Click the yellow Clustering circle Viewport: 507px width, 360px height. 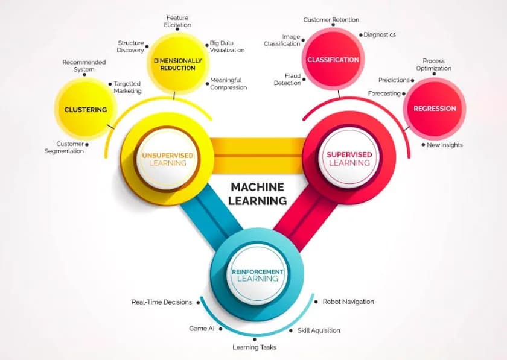[85, 110]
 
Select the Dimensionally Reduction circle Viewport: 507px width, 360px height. [174, 64]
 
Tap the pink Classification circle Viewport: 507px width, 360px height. [333, 60]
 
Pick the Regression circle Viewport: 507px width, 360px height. [435, 109]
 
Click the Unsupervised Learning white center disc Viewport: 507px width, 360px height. [167, 159]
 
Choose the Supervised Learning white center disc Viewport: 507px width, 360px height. [349, 159]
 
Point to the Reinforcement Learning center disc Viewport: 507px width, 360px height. [258, 275]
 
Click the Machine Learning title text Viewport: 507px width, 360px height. [258, 194]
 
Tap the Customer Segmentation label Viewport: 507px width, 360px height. [64, 147]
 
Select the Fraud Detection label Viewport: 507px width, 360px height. [287, 79]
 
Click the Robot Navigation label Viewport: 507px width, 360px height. [348, 302]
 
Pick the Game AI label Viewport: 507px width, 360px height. [202, 329]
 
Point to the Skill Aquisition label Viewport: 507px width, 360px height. [318, 330]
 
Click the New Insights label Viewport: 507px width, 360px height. [444, 145]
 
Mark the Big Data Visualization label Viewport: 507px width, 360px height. [227, 46]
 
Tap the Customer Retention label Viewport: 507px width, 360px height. [331, 20]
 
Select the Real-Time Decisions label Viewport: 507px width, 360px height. [162, 302]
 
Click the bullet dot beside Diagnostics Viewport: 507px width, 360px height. [360, 35]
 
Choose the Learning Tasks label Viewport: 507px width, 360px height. [254, 347]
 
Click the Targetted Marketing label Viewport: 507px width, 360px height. [127, 87]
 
